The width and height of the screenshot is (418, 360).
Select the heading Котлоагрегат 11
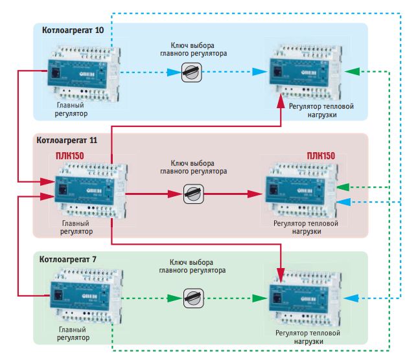(67, 140)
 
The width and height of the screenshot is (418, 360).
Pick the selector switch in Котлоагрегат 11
(192, 193)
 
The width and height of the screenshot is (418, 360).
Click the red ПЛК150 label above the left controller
(71, 156)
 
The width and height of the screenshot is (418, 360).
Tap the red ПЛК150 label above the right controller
(321, 157)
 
